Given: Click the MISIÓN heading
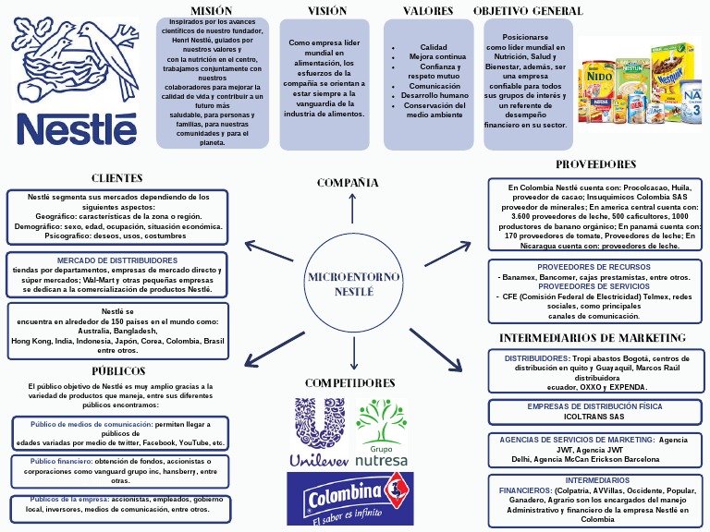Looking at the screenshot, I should (x=212, y=10).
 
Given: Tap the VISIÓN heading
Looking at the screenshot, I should (x=327, y=11).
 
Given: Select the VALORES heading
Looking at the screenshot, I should (x=428, y=11).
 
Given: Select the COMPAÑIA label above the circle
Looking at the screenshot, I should (x=348, y=183).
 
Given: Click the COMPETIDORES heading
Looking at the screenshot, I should (x=349, y=382).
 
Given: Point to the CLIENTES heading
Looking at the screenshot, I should (x=116, y=177).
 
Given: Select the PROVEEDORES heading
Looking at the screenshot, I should (x=595, y=164).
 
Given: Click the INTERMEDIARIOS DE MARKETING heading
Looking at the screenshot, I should (x=593, y=338).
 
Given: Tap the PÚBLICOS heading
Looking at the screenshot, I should (x=118, y=371).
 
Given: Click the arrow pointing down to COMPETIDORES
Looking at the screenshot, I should (x=354, y=356).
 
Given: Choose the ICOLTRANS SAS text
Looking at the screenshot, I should (x=594, y=417).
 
